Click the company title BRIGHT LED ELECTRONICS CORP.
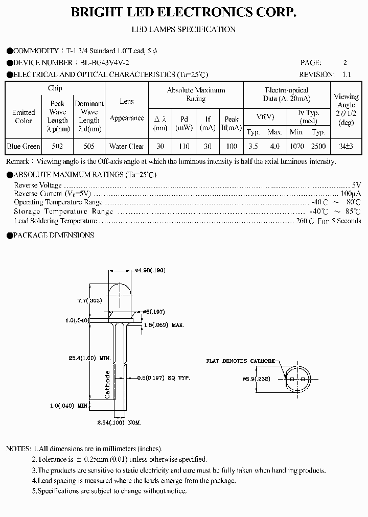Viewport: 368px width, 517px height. [x=184, y=13]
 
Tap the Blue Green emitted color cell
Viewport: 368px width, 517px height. [x=24, y=146]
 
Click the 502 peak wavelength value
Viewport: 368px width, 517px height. [x=58, y=146]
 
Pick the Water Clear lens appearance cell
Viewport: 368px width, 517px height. [x=127, y=146]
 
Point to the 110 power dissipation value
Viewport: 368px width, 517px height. [x=183, y=146]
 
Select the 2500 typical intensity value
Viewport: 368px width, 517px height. [x=318, y=146]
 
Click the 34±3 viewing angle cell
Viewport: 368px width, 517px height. [x=346, y=146]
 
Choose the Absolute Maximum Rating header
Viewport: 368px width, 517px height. [x=196, y=95]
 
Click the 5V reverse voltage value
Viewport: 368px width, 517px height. [x=356, y=185]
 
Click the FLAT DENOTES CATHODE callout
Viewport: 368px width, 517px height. [x=240, y=361]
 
